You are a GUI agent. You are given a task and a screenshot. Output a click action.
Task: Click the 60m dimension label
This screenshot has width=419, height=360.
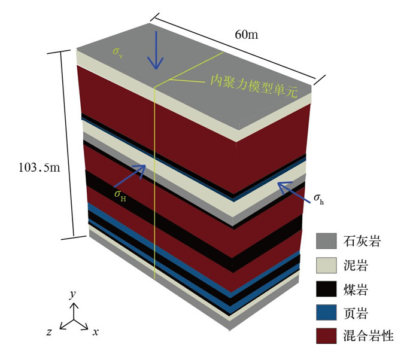coord(246,35)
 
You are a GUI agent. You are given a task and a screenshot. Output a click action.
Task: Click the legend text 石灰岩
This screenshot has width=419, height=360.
coord(361,242)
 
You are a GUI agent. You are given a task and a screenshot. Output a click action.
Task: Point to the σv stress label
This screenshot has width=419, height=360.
coord(117,52)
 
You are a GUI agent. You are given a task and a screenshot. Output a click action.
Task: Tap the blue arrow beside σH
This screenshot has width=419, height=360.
coord(134,173)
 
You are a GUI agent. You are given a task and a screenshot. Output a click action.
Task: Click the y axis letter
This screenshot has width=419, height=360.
coord(72,295)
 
